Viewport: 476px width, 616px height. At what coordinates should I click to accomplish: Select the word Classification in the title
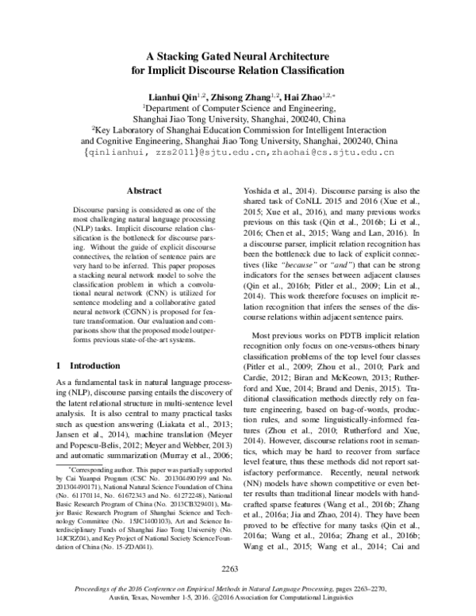point(303,70)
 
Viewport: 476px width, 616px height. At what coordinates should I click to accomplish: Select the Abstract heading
point(147,191)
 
